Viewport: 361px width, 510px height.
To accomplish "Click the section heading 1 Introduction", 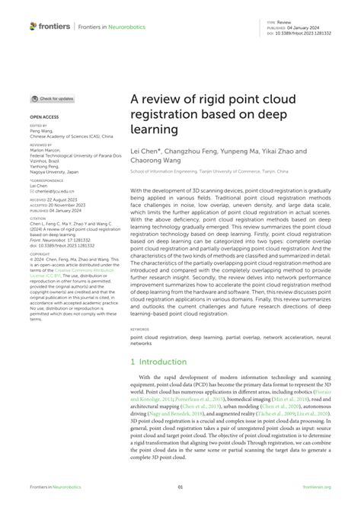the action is coord(158,362).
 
